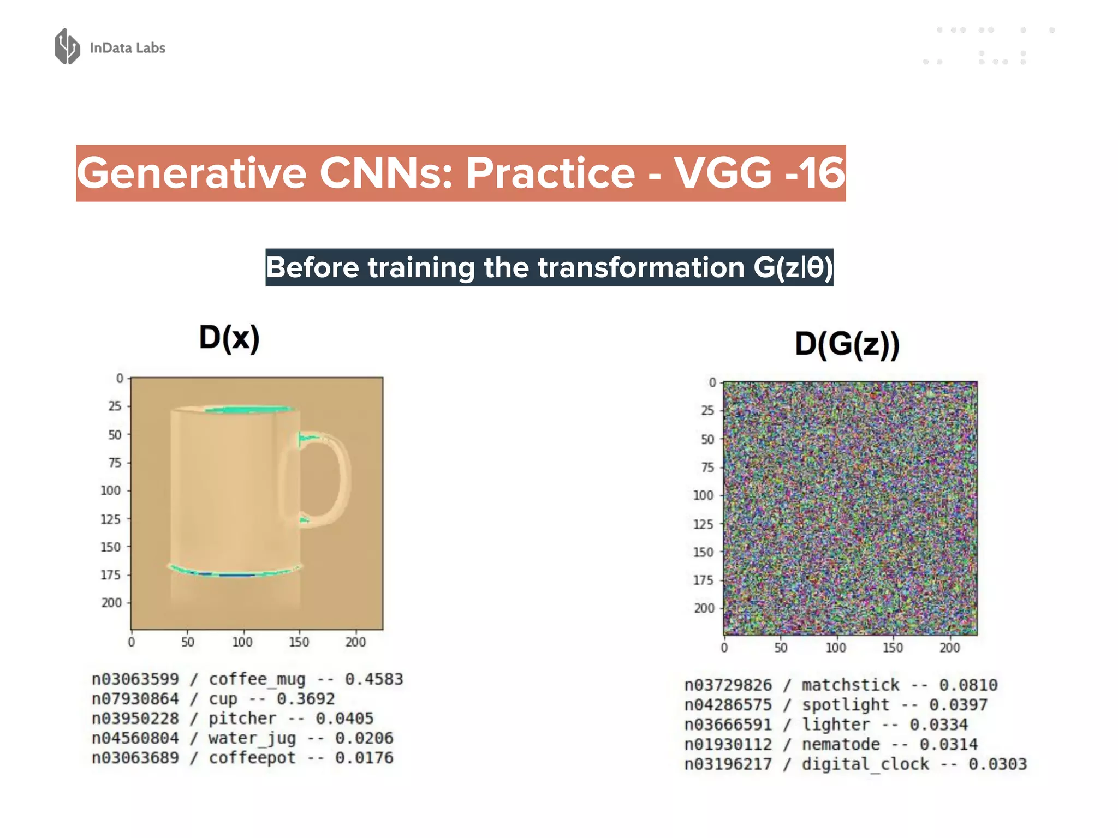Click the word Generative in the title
tap(192, 173)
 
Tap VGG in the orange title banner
tap(723, 173)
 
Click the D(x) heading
tap(229, 338)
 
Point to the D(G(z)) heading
tap(847, 344)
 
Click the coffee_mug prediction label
tap(257, 679)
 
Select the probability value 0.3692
tap(305, 699)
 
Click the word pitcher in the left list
tap(242, 719)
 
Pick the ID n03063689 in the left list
tap(135, 758)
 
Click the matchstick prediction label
tap(850, 685)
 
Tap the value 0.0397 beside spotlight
tap(958, 705)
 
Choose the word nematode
tap(840, 744)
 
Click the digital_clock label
tap(865, 764)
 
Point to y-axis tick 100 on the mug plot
tap(110, 490)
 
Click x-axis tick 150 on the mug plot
tap(299, 642)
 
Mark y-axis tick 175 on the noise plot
tap(703, 580)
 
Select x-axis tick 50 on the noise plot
tap(781, 648)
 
